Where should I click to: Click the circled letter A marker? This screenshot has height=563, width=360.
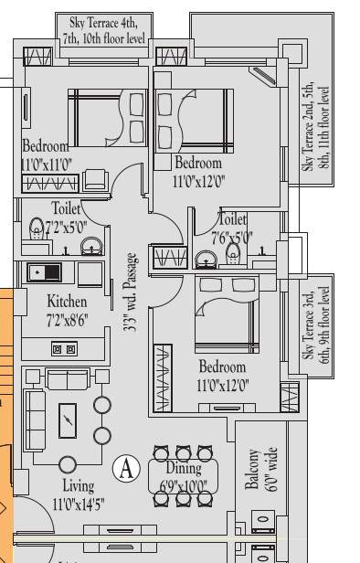pos(125,469)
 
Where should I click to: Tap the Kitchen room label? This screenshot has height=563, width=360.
pos(68,301)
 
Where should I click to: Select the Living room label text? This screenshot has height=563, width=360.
pos(78,484)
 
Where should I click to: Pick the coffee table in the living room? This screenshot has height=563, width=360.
pos(68,420)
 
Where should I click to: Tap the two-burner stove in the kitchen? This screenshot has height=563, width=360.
pos(63,349)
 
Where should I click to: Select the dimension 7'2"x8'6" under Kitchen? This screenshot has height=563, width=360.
pos(68,317)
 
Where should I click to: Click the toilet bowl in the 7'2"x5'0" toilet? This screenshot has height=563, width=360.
pos(37,227)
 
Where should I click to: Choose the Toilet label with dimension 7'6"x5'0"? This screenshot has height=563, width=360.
pos(233,227)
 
